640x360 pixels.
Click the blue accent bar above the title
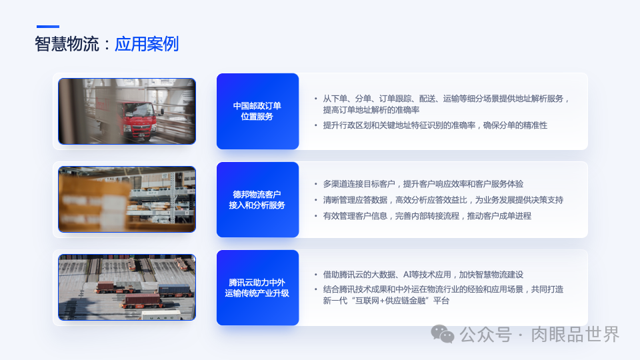[x=47, y=27]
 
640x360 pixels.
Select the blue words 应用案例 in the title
[x=147, y=45]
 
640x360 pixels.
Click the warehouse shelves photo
[x=127, y=199]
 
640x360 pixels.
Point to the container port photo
[x=127, y=287]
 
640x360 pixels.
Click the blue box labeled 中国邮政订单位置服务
[x=257, y=111]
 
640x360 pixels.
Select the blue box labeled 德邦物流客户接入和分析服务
[x=257, y=200]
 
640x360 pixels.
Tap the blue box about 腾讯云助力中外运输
[x=257, y=288]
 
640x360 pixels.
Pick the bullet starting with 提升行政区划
[x=435, y=125]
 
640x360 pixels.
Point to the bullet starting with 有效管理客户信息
[x=427, y=216]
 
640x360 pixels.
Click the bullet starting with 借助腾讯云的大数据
[x=423, y=275]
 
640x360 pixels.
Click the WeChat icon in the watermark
[x=443, y=334]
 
